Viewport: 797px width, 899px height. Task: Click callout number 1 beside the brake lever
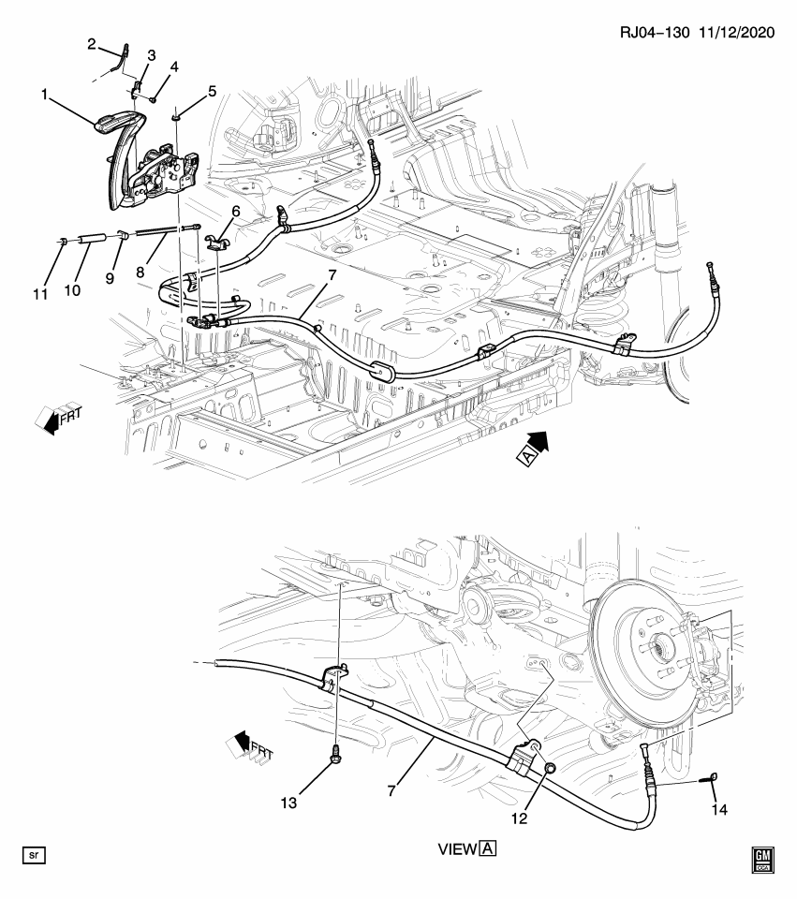[x=44, y=94]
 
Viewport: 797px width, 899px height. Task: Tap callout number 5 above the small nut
[x=212, y=91]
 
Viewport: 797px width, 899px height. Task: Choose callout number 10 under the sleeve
[x=72, y=290]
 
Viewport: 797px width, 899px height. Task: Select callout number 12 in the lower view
[x=518, y=818]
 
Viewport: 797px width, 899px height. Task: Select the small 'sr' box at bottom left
[x=33, y=855]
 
